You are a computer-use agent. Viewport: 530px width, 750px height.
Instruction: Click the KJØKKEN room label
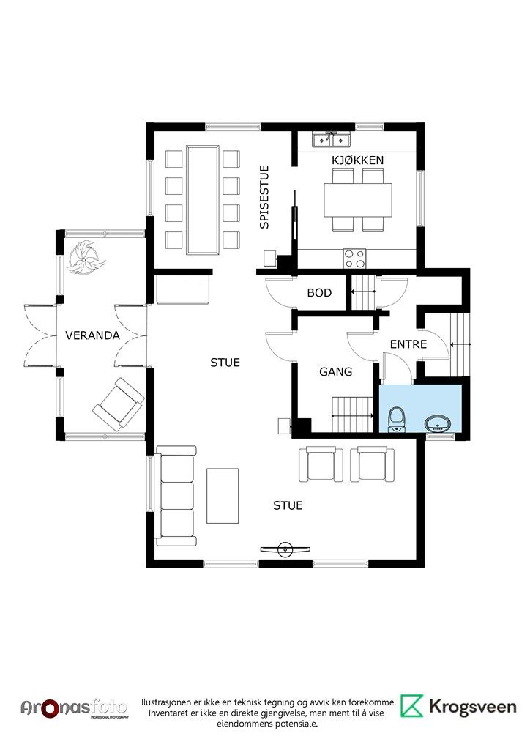pos(357,160)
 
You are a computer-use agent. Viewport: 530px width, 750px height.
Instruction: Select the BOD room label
pos(319,293)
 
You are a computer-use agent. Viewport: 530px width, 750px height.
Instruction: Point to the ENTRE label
pos(408,344)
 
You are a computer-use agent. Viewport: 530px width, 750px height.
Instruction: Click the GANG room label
pos(335,371)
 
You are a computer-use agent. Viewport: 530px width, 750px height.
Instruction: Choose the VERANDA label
pos(92,335)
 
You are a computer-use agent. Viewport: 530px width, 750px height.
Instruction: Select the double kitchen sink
pos(331,140)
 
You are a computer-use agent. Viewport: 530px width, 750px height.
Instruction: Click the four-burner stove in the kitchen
pos(355,258)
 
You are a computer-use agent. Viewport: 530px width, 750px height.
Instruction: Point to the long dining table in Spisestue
pos(204,199)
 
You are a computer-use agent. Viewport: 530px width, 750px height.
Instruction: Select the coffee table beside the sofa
pos(224,496)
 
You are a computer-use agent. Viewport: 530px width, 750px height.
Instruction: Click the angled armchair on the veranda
pos(117,404)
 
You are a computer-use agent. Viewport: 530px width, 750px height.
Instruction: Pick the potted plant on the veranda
pos(86,256)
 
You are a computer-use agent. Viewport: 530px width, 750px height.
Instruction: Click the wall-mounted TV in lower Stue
pos(287,549)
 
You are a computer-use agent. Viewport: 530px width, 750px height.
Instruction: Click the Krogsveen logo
pos(459,707)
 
